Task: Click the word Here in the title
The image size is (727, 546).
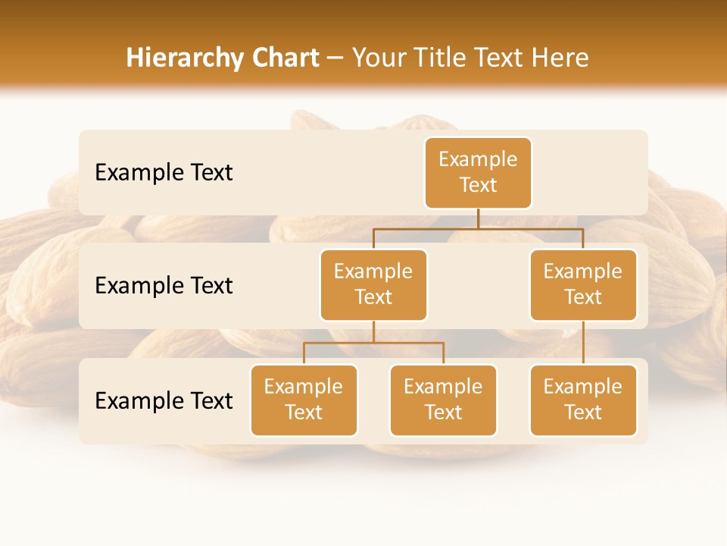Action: coord(559,58)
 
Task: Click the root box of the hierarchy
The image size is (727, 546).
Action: coord(478,173)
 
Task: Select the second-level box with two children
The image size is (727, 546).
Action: coord(373,285)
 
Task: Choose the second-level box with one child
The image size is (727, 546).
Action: coord(583,285)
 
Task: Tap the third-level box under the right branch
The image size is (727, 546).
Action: coord(583,400)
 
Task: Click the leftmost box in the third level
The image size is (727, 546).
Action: coord(304,400)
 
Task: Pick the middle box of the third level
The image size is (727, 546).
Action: coord(443,400)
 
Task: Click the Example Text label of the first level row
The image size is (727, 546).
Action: coord(164,173)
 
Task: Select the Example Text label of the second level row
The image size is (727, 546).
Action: coord(164,286)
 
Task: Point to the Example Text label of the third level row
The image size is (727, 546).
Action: coord(164,400)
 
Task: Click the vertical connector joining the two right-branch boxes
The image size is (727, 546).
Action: coord(583,343)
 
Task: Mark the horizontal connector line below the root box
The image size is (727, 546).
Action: coord(478,228)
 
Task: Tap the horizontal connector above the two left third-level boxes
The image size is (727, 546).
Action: coord(373,343)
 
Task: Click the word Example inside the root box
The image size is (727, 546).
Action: coord(478,159)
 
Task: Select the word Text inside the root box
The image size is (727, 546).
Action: coord(478,185)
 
